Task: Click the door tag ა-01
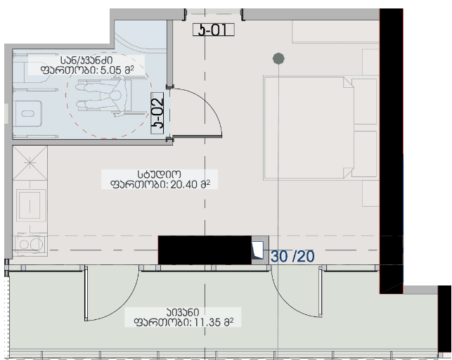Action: (x=212, y=30)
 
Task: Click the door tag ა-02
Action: (x=157, y=112)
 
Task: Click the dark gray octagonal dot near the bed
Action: (x=279, y=58)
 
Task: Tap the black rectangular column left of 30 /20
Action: (x=205, y=250)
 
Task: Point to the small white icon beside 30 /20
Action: (x=258, y=250)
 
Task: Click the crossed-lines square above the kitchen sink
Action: (x=30, y=162)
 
